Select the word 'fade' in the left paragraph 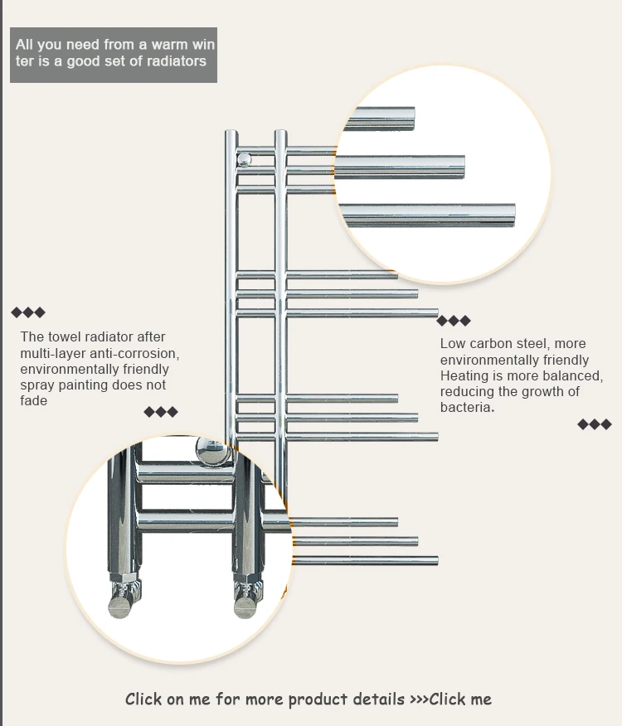click(34, 401)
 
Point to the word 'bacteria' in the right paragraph click(466, 408)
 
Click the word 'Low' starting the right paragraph click(453, 344)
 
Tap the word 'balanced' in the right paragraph click(570, 376)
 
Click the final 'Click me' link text click(460, 699)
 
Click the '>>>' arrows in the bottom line click(418, 699)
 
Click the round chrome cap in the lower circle click(212, 452)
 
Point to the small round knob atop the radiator click(245, 159)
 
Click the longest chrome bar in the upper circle click(428, 215)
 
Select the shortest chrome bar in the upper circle click(381, 119)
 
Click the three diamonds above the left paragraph click(28, 312)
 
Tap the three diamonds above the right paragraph click(454, 321)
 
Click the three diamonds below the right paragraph click(595, 424)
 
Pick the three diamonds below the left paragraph click(161, 412)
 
